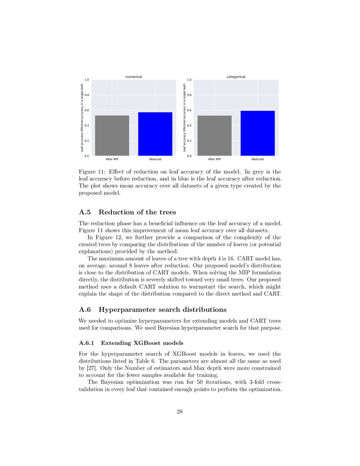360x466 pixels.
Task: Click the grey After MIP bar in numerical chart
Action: point(112,136)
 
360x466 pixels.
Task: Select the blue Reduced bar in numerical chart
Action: point(155,134)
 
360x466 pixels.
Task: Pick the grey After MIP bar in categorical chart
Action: point(214,136)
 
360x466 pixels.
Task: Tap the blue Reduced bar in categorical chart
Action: point(258,133)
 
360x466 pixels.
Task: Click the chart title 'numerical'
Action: point(133,77)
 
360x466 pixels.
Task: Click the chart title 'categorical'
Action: point(236,77)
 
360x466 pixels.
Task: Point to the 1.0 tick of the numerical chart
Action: point(86,80)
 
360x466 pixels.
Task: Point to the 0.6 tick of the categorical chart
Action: point(189,110)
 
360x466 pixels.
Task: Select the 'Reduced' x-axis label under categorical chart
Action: point(258,159)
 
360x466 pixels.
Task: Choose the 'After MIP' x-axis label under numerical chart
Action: point(112,159)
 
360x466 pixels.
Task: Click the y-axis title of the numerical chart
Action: point(82,118)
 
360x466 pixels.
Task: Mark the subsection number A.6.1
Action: point(87,343)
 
